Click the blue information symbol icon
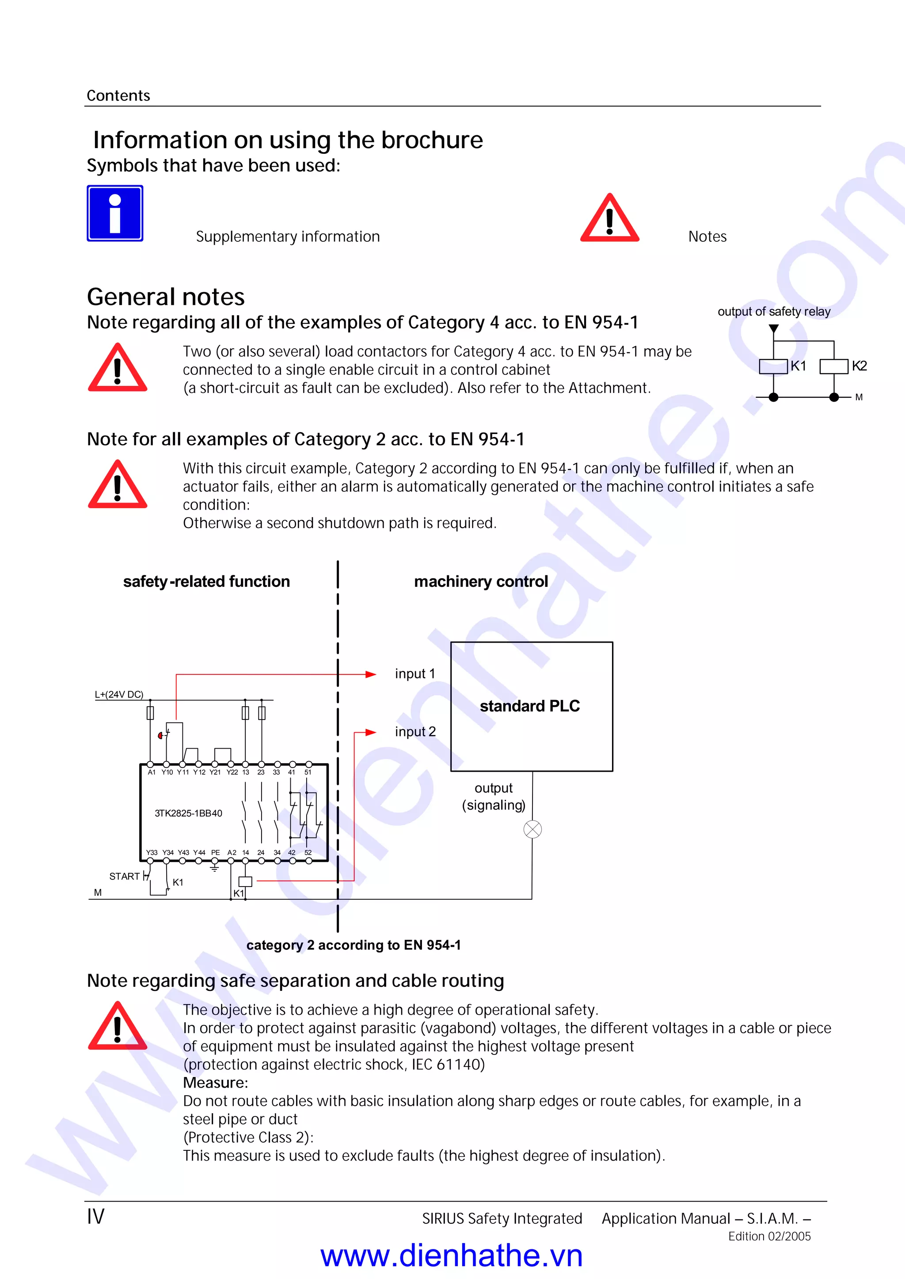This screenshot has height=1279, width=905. coord(115,213)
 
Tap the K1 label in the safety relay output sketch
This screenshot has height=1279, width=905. coord(798,365)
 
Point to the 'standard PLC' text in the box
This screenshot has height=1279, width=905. coord(529,706)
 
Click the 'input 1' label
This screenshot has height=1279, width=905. coord(414,674)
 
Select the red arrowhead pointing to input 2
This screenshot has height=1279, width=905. coord(371,732)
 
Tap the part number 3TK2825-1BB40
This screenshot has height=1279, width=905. coord(188,813)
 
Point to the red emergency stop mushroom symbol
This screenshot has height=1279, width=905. coord(160,736)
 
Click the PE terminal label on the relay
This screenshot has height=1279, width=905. coord(215,853)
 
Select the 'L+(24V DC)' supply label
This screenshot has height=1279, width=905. coord(119,694)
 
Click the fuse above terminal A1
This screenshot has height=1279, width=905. coord(150,713)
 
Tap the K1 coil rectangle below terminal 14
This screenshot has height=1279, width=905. coord(245,882)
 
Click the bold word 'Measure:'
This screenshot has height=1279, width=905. coord(215,1083)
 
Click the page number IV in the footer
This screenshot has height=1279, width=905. coord(95,1216)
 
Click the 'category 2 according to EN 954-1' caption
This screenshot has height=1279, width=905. coord(354,945)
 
